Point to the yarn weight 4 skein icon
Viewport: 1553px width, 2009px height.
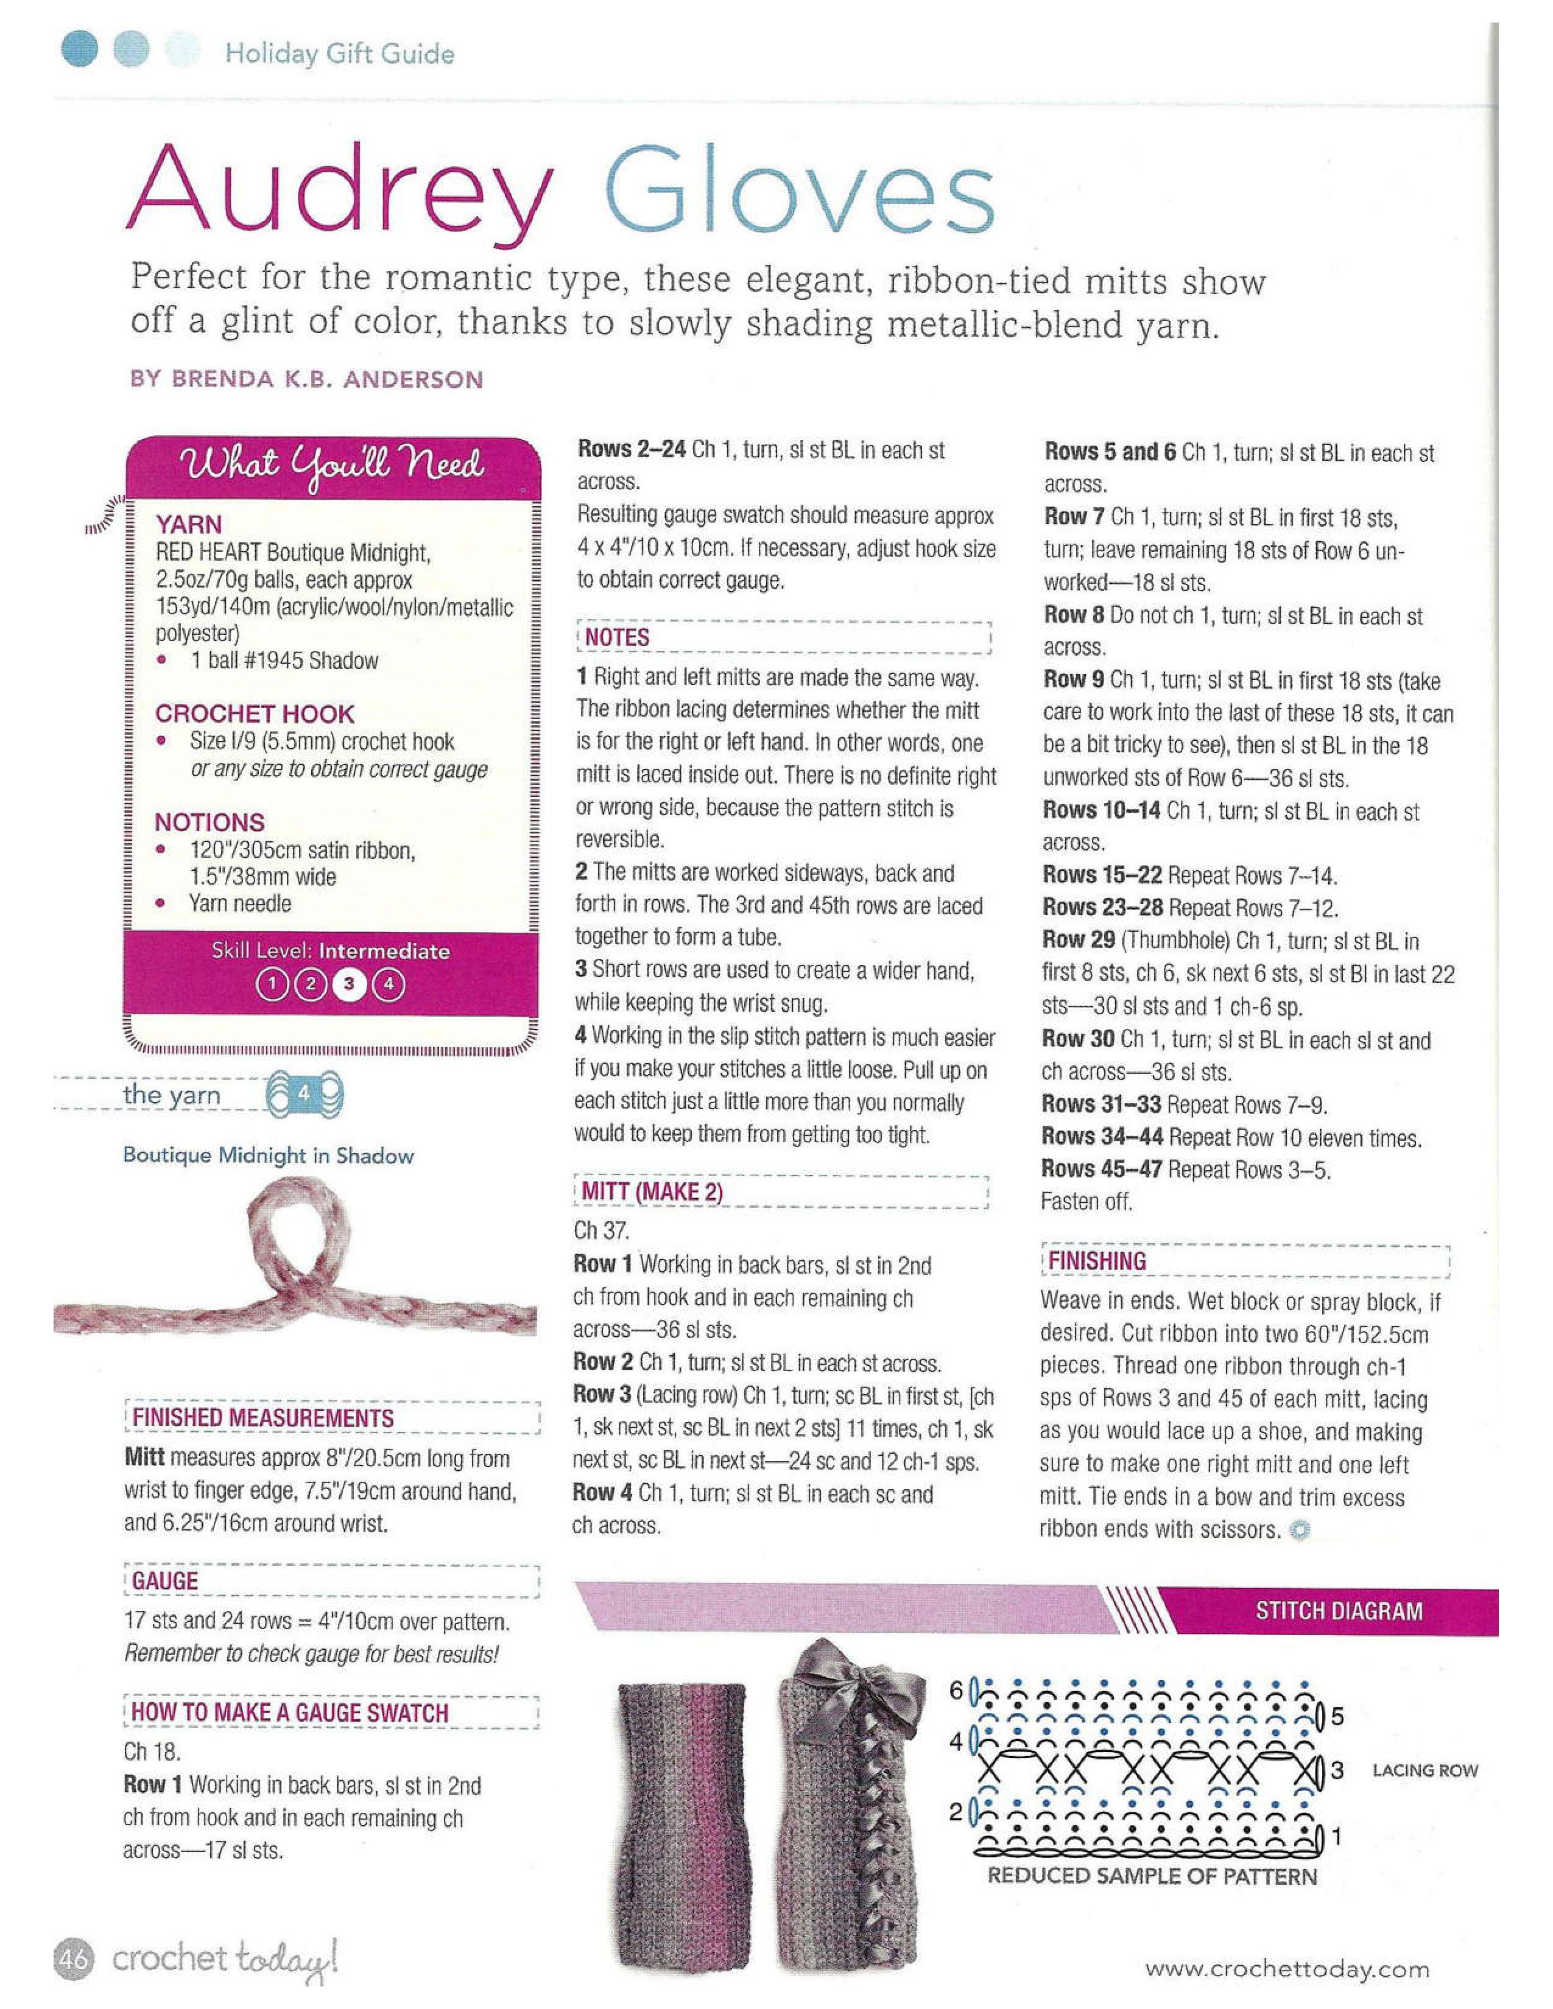pyautogui.click(x=305, y=1095)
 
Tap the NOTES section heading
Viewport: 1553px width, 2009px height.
pyautogui.click(x=616, y=637)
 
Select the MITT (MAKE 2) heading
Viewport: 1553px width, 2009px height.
pyautogui.click(x=652, y=1192)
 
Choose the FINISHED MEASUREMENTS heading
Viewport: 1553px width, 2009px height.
pyautogui.click(x=263, y=1417)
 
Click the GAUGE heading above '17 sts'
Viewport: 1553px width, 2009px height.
pyautogui.click(x=166, y=1580)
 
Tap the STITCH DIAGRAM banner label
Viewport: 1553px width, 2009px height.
pyautogui.click(x=1339, y=1611)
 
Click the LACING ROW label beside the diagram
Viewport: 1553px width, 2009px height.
pyautogui.click(x=1424, y=1771)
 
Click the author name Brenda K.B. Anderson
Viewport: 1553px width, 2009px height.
pyautogui.click(x=306, y=379)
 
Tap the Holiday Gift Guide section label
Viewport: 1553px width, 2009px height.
pyautogui.click(x=339, y=54)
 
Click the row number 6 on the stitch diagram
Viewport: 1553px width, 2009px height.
pyautogui.click(x=957, y=1691)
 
